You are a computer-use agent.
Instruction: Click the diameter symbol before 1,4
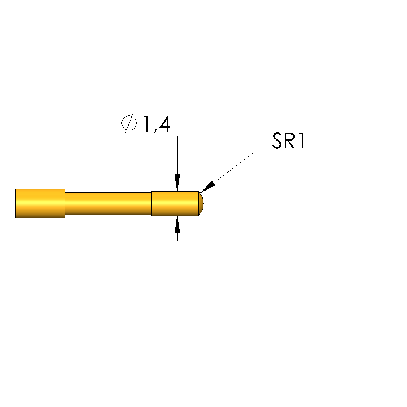(x=129, y=123)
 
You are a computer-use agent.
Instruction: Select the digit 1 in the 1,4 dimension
(x=147, y=124)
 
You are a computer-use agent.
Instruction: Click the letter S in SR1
(x=277, y=141)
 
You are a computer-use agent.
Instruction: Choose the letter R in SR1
(x=290, y=141)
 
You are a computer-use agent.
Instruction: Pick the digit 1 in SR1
(x=302, y=141)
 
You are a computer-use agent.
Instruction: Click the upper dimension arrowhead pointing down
(x=178, y=183)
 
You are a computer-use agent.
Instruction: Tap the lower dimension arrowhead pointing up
(x=178, y=224)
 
